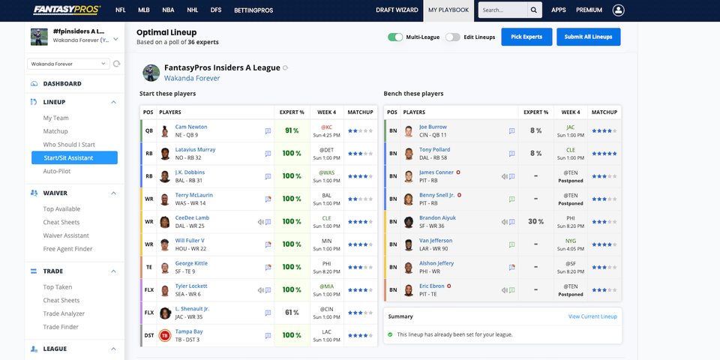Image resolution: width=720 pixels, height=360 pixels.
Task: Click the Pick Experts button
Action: (526, 37)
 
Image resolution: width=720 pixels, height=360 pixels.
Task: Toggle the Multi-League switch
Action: (395, 37)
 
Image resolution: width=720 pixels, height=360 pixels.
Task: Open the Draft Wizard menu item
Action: (397, 10)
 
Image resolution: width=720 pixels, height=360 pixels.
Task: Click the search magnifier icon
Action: (534, 10)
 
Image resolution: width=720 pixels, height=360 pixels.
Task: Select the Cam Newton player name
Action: (191, 127)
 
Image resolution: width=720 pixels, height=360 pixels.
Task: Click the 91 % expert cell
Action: (292, 130)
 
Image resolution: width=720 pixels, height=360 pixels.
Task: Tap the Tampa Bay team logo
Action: (165, 335)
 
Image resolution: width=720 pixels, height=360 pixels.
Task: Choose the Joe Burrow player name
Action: (433, 127)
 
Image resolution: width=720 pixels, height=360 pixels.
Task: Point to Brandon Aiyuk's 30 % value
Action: (535, 221)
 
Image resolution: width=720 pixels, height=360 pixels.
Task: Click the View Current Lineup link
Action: (592, 316)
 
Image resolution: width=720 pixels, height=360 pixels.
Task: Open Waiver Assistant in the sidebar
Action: (66, 235)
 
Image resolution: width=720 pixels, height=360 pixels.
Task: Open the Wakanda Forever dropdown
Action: (68, 64)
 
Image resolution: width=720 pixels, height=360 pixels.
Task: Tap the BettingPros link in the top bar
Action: (254, 10)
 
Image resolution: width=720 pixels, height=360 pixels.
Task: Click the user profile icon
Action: (618, 10)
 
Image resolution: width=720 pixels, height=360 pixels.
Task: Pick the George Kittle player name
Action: (191, 263)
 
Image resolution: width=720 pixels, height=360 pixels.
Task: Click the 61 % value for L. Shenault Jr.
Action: (292, 313)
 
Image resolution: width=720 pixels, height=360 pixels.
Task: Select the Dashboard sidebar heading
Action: (62, 83)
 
